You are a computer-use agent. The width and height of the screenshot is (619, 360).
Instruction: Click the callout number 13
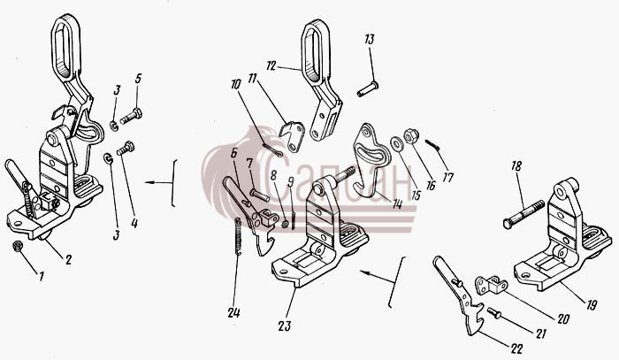370,40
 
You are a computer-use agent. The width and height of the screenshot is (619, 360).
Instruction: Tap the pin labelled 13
368,89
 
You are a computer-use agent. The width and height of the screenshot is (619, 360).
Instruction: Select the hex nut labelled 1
18,246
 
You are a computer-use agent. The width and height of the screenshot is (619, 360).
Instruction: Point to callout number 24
233,313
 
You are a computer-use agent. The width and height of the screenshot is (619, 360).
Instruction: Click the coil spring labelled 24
238,236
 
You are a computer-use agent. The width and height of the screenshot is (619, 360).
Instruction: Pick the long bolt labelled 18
523,214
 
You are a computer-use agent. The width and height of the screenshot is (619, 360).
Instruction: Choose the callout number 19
592,305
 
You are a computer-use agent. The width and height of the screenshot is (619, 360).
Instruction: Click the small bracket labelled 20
492,285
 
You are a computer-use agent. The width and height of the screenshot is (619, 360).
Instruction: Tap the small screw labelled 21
493,312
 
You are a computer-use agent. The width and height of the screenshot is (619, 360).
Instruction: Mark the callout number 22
516,349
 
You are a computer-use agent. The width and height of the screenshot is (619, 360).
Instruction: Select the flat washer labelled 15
394,143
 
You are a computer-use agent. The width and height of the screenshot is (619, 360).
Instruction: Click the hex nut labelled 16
411,136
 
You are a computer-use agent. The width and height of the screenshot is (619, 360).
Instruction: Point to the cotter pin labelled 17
432,145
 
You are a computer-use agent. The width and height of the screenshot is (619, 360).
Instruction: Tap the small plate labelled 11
293,136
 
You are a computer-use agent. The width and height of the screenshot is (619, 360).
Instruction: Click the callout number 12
271,66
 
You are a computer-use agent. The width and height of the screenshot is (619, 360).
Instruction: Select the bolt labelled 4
126,149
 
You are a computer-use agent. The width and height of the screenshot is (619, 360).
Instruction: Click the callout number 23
285,326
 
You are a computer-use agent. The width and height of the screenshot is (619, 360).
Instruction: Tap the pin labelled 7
259,195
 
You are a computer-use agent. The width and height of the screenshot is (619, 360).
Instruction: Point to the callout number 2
69,260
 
